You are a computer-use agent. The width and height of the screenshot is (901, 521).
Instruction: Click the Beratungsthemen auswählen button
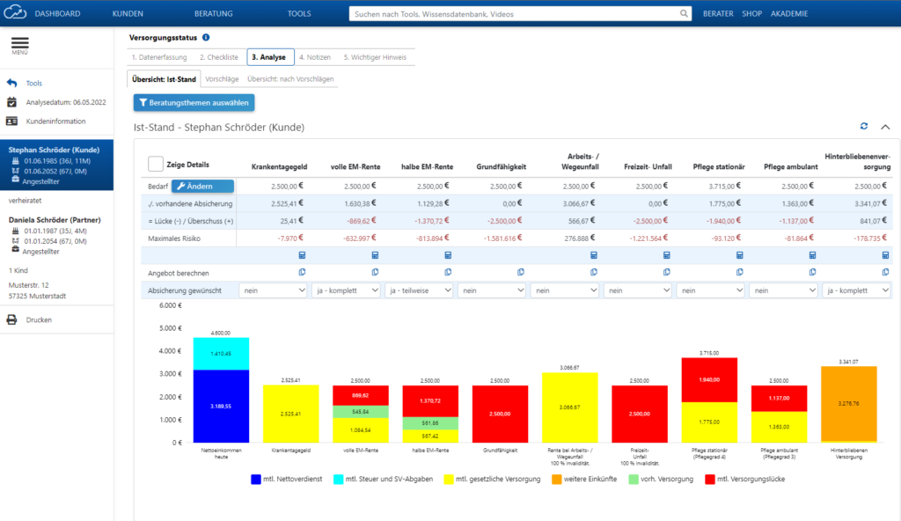coord(194,103)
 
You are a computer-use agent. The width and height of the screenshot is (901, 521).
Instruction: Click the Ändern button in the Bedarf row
coord(202,187)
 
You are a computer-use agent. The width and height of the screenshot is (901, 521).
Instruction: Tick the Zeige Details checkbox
coord(155,165)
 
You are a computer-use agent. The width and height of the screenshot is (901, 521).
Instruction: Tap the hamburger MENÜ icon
coord(19,45)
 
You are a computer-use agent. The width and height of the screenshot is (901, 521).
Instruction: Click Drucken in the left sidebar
coord(39,319)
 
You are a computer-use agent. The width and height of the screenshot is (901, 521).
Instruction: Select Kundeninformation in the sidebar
coord(55,121)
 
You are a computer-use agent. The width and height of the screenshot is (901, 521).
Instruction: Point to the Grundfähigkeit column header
coord(502,165)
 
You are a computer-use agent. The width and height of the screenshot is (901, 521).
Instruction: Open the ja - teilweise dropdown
coord(419,290)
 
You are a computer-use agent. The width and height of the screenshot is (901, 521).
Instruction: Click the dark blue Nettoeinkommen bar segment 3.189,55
coord(221,406)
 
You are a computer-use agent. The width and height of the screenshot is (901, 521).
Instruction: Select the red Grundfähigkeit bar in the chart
coord(500,413)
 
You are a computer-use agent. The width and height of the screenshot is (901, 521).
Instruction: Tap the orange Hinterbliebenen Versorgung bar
coord(849,403)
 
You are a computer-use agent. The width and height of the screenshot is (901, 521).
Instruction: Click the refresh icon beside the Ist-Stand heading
coord(864,127)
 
